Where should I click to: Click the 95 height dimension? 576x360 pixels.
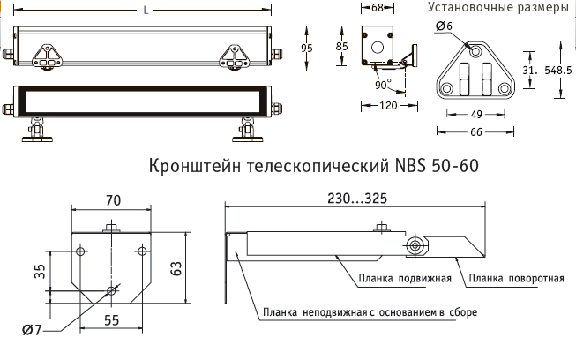point(307,49)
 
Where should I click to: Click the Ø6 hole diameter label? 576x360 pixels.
point(444,27)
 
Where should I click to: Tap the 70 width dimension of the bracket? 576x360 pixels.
point(112,200)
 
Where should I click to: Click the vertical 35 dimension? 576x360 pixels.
point(38,273)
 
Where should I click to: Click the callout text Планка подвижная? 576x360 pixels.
point(405,279)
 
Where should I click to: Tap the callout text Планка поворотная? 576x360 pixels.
point(516,279)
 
